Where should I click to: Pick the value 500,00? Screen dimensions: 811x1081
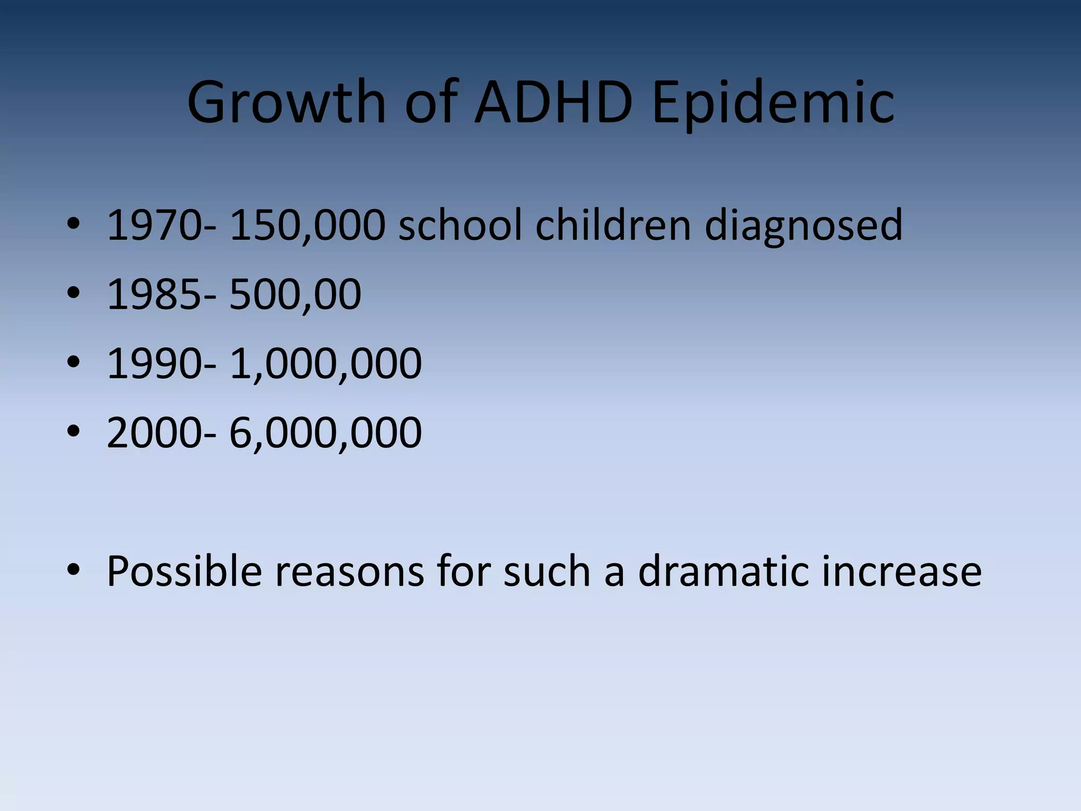tap(295, 295)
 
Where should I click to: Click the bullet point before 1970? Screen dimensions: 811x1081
tap(73, 225)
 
